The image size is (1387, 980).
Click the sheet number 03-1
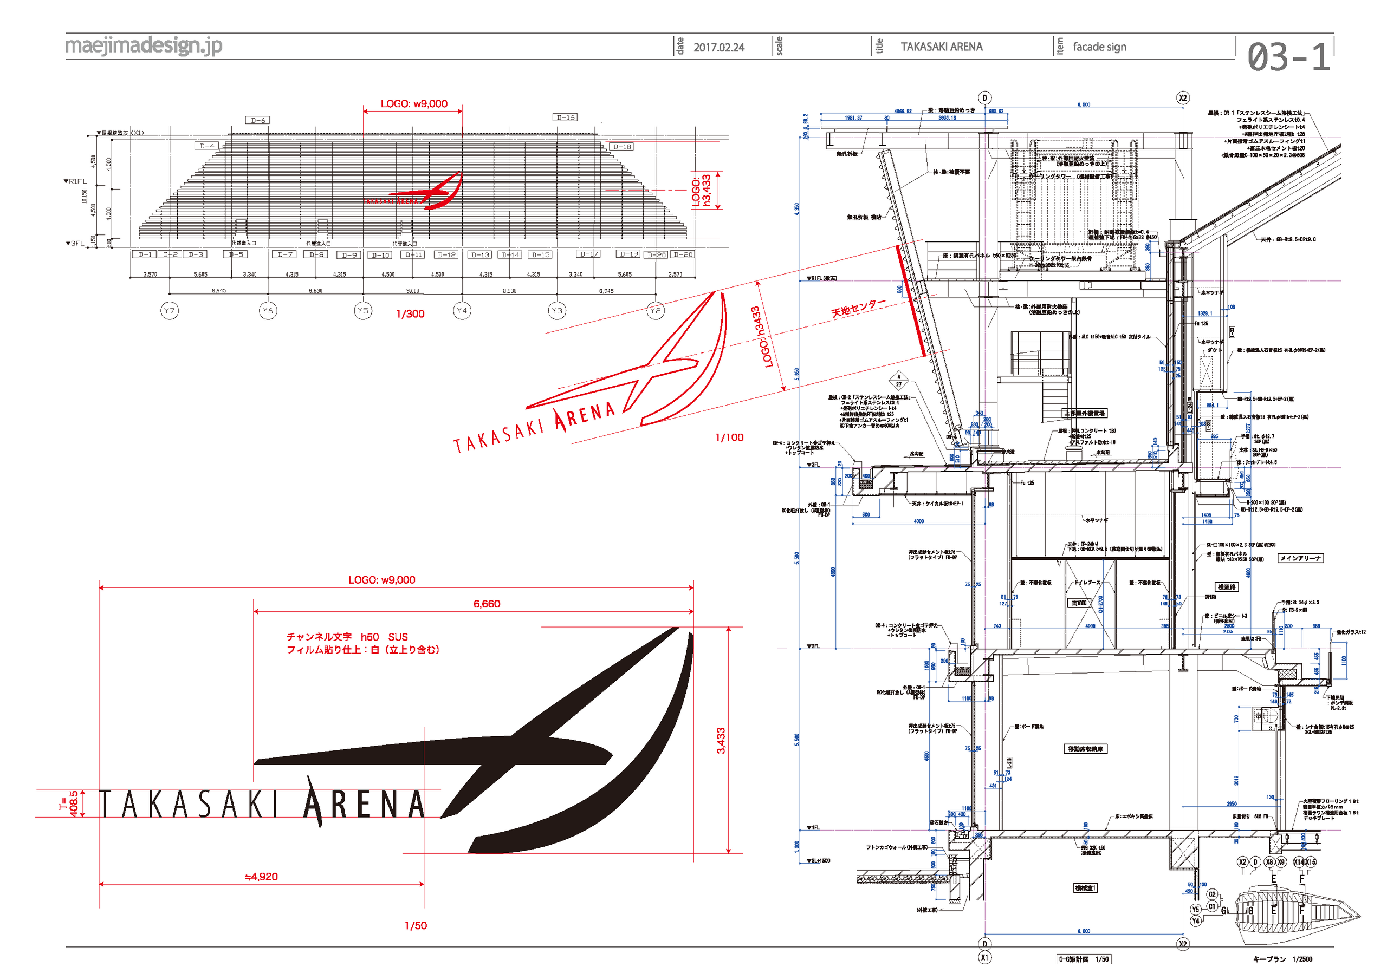tap(1288, 57)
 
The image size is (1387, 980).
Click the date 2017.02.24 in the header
tap(718, 47)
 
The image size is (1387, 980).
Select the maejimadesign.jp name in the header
tap(143, 45)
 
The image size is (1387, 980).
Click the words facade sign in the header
tap(1099, 47)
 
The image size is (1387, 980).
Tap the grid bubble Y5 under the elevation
tap(362, 310)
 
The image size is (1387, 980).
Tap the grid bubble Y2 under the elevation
tap(655, 310)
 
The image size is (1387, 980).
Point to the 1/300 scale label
tap(410, 314)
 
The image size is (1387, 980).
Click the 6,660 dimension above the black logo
tap(487, 603)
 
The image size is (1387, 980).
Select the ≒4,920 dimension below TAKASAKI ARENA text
tap(261, 876)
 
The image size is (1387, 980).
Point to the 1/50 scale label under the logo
tap(416, 925)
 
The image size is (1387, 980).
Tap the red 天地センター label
tap(858, 308)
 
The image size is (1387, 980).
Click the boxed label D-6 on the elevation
tap(258, 120)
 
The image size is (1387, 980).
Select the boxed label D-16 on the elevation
tap(566, 117)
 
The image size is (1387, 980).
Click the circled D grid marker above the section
tap(984, 98)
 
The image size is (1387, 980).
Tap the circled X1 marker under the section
tap(984, 957)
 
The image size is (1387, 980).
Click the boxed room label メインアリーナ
tap(1300, 558)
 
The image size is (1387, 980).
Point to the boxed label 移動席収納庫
tap(1085, 749)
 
